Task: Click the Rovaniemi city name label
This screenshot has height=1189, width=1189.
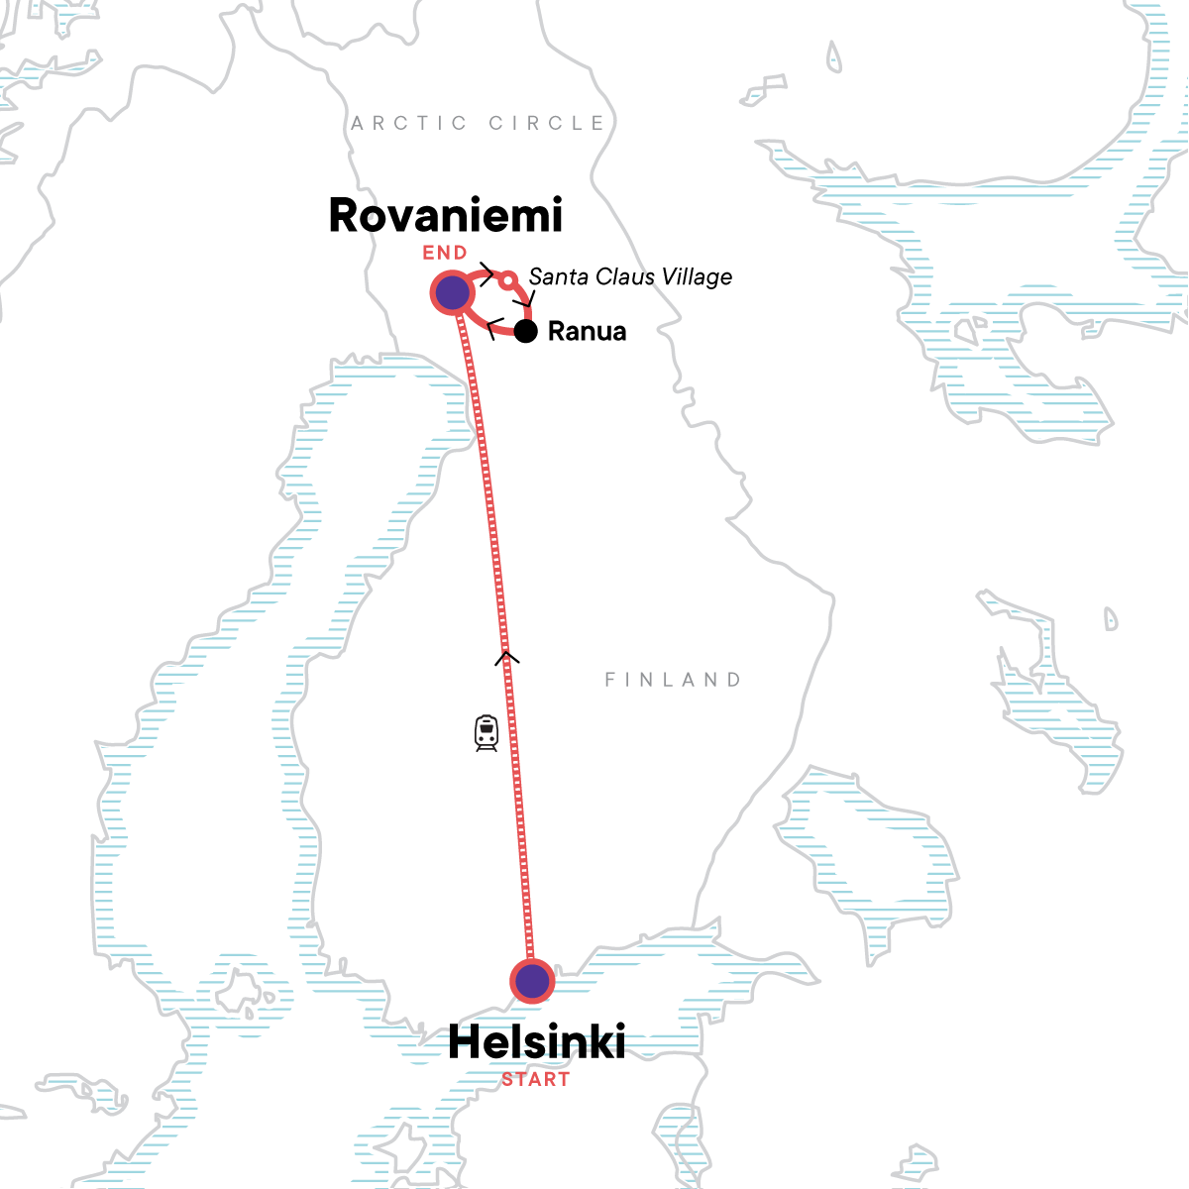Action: click(x=445, y=216)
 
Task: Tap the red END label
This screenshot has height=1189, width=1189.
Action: click(x=445, y=253)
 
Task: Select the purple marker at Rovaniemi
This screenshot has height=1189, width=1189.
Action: click(x=452, y=293)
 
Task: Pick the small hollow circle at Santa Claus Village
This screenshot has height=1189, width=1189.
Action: click(x=507, y=280)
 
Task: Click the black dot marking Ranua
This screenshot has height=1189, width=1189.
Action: click(x=526, y=331)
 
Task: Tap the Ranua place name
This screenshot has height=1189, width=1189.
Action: click(x=587, y=331)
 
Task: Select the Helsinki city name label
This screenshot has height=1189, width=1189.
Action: click(x=536, y=1042)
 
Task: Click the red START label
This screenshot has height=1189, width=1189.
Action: click(x=536, y=1079)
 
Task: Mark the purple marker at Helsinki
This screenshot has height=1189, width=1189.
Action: click(x=532, y=981)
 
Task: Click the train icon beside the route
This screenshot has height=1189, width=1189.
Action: click(x=486, y=733)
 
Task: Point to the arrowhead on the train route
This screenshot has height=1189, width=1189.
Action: click(x=506, y=655)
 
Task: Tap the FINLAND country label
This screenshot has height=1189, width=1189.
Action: click(x=673, y=680)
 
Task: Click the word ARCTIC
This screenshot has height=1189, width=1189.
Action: click(x=409, y=123)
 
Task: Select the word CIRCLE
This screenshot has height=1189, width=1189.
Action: click(x=546, y=123)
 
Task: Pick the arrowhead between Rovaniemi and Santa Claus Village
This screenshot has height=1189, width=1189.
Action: click(x=486, y=274)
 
